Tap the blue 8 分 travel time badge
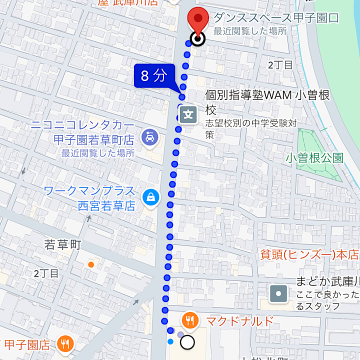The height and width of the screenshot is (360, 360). (x=153, y=76)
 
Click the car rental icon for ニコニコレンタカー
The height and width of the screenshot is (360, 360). (x=149, y=136)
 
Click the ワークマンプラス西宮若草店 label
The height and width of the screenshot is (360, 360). (x=90, y=198)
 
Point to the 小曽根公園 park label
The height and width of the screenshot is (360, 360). (x=315, y=158)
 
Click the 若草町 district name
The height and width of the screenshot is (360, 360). (x=62, y=245)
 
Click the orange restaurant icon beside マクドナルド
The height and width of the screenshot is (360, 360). (x=189, y=320)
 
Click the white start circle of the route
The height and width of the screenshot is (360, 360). (x=187, y=342)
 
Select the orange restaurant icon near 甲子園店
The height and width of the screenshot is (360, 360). (x=65, y=343)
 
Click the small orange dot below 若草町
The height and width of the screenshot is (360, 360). (x=90, y=264)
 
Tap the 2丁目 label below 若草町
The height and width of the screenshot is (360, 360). (x=46, y=273)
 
